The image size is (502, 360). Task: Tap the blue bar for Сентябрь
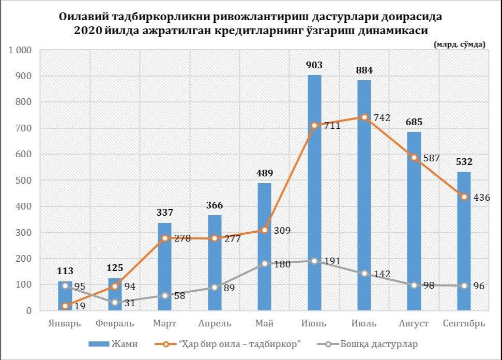464,241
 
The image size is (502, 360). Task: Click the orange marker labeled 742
364,117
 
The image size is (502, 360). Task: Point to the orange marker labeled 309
264,230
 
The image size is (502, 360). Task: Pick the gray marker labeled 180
264,263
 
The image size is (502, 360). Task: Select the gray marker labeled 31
115,303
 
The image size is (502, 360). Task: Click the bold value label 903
314,65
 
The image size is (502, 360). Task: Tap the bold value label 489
264,173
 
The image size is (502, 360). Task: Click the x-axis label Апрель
214,324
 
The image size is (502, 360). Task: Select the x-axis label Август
414,324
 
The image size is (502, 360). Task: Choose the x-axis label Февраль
115,324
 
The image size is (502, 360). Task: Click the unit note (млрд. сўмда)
460,44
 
